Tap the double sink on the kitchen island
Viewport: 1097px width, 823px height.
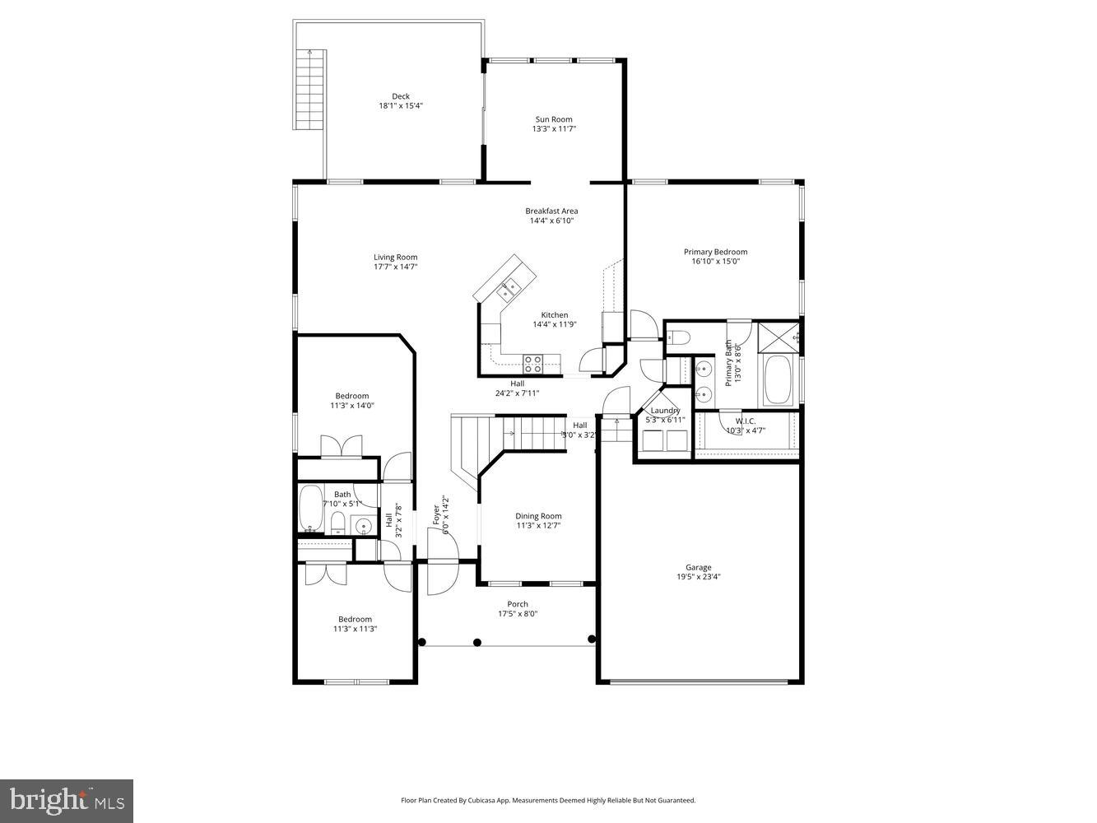point(508,287)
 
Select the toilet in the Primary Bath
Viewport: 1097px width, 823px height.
point(677,337)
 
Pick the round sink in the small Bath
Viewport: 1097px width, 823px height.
point(363,527)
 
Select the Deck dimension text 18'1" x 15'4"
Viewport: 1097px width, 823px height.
point(401,106)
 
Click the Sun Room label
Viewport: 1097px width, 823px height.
point(553,119)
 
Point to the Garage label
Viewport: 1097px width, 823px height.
point(698,567)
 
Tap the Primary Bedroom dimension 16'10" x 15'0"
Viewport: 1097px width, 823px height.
point(715,262)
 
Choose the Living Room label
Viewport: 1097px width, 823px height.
point(395,257)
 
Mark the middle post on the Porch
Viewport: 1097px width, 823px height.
point(477,642)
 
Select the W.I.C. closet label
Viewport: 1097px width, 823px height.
point(734,421)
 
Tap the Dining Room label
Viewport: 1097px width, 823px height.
point(538,516)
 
